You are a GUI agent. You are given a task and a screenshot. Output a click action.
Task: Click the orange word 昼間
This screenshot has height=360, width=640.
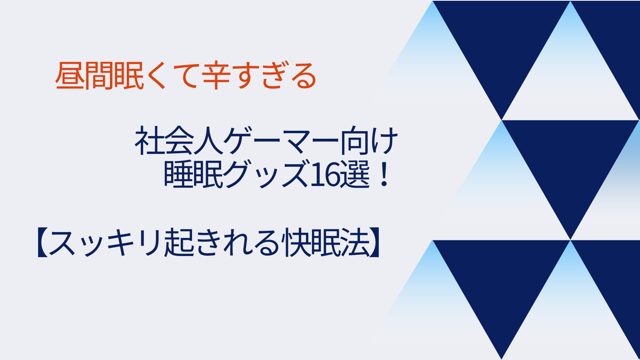pyautogui.click(x=84, y=76)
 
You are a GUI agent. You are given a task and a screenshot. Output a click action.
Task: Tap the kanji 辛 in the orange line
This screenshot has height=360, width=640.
pyautogui.click(x=216, y=76)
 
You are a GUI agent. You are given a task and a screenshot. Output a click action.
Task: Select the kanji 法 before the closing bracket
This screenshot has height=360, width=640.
pyautogui.click(x=355, y=242)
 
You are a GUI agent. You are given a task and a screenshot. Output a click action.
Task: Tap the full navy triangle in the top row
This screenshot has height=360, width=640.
pyautogui.click(x=502, y=40)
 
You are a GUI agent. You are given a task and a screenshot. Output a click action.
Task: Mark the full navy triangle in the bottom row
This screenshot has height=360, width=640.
pyautogui.click(x=502, y=280)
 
